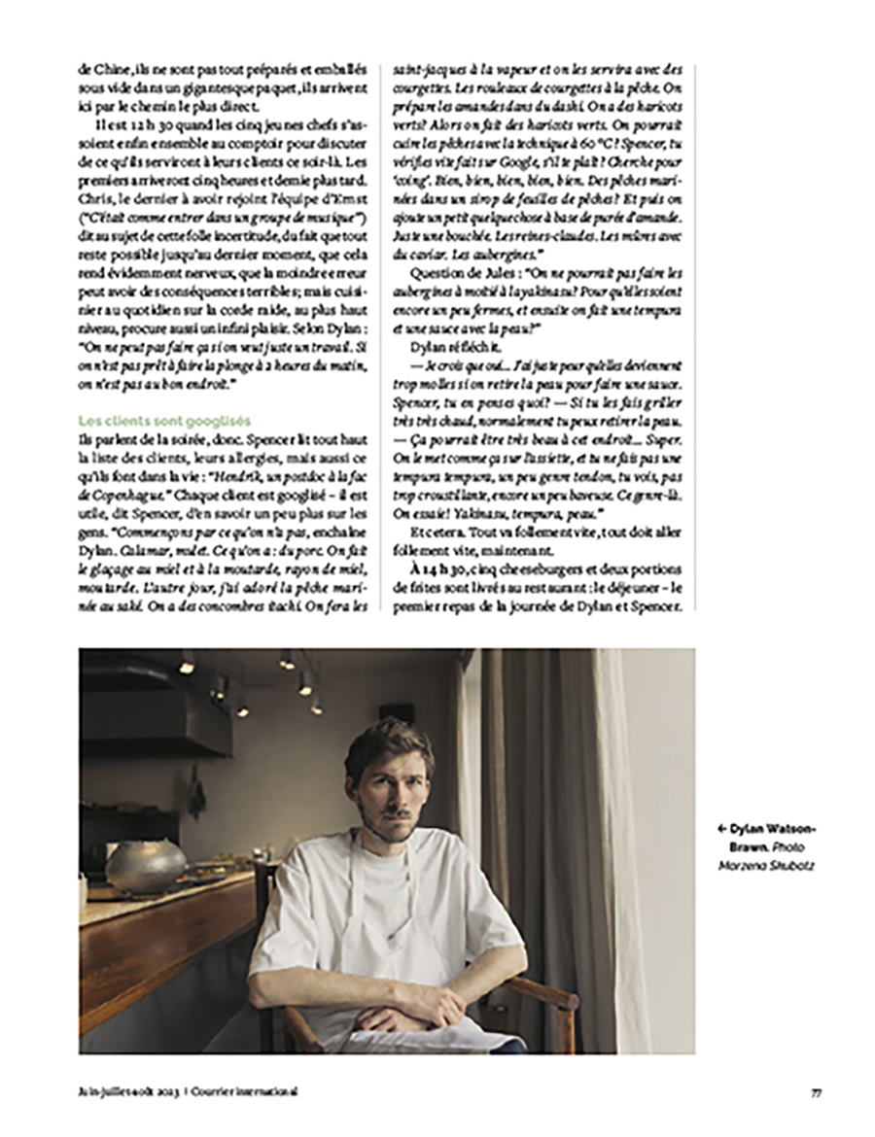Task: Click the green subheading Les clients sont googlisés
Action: (164, 421)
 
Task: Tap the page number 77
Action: (817, 1091)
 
